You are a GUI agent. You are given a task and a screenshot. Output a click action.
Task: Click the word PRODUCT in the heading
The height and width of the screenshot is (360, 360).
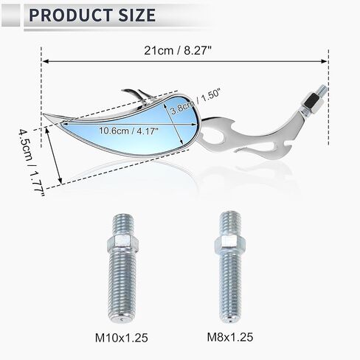coord(72,15)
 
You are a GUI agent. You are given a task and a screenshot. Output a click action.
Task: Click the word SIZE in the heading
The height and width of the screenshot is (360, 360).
coord(136,15)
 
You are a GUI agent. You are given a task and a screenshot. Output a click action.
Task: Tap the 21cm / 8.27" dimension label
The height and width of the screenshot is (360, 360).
coord(178,51)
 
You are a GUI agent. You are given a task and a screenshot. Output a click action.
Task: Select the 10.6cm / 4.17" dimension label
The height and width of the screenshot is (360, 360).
coord(128,131)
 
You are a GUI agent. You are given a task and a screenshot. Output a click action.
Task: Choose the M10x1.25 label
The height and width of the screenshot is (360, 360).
coord(122,338)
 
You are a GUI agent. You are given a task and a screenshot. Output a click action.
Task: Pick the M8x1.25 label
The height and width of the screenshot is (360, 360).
coord(230,337)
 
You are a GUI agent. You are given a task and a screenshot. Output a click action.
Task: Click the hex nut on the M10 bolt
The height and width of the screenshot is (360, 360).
coord(122,243)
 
